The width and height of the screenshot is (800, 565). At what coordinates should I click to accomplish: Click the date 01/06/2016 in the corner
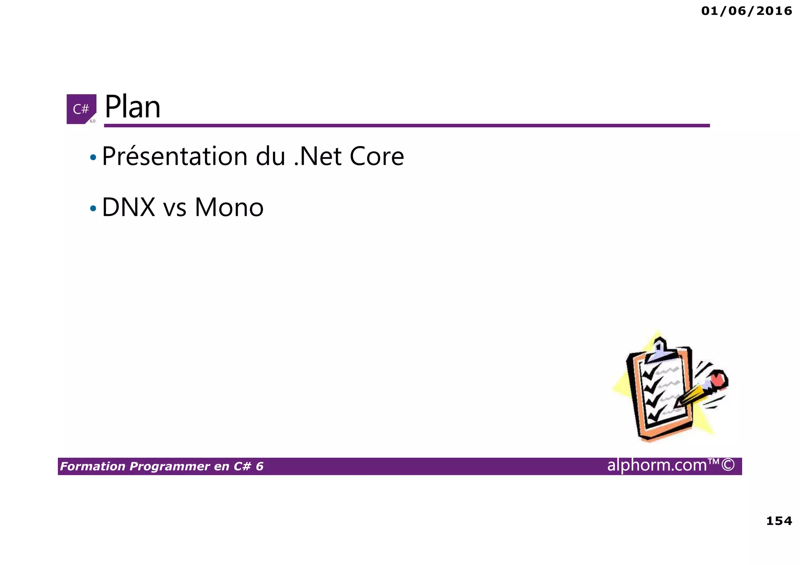click(746, 11)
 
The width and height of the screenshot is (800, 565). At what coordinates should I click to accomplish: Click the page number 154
click(779, 521)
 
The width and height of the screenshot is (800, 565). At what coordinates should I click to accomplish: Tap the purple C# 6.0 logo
click(81, 109)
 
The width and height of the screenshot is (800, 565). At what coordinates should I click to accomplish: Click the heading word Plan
click(132, 107)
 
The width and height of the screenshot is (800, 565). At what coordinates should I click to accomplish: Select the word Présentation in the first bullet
click(175, 157)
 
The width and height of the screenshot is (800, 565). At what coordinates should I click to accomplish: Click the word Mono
click(229, 207)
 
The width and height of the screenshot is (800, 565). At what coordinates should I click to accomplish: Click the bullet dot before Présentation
click(93, 158)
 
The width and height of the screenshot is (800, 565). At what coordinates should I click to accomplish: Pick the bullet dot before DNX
click(93, 209)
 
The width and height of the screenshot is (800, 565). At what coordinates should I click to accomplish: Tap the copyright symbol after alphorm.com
click(728, 465)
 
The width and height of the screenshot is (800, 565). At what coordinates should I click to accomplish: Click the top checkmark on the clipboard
click(650, 372)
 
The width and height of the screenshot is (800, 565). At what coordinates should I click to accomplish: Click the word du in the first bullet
click(270, 157)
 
